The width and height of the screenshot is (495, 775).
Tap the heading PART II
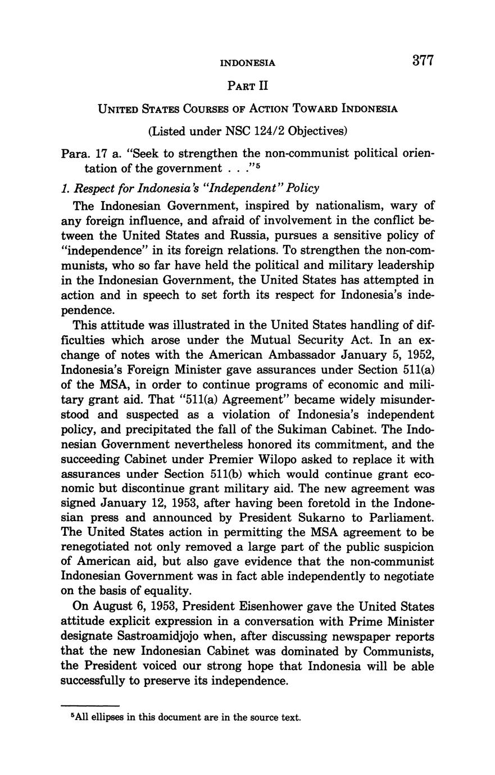point(248,86)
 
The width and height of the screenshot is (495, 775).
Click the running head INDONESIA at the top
point(248,63)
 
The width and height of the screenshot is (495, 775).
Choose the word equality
point(164,591)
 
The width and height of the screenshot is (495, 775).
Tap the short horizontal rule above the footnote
point(90,705)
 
